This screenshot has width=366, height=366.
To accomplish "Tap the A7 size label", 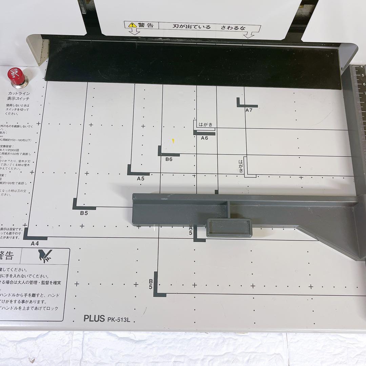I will [x=249, y=110].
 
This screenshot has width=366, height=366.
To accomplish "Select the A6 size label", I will [x=204, y=138].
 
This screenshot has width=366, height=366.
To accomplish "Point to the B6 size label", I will [x=169, y=159].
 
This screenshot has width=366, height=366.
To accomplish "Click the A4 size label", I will [x=35, y=243].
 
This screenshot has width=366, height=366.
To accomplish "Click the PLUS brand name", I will [x=94, y=319].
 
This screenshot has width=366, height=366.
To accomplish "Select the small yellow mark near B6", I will [x=173, y=141].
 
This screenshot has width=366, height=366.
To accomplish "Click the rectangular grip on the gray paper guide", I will [x=229, y=227].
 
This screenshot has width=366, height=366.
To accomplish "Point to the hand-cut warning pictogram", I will [x=45, y=257].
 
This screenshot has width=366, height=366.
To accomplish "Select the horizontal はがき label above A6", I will [x=206, y=125].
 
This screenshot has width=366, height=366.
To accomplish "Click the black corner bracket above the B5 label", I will [x=81, y=205].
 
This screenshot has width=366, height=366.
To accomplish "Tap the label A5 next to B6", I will [x=141, y=178].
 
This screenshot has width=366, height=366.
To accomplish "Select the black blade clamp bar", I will [x=193, y=64].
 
